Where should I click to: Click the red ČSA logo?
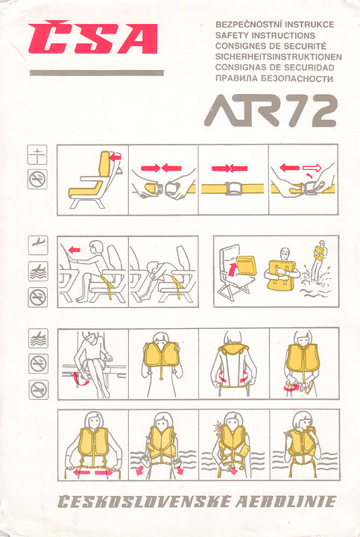[x=92, y=38]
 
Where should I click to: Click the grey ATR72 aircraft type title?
[x=271, y=110]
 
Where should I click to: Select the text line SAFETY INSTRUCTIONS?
[x=265, y=35]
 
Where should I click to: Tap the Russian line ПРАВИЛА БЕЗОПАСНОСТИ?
[x=274, y=78]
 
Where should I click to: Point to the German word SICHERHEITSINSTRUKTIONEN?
[x=279, y=57]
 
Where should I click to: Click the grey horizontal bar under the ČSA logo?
[x=96, y=72]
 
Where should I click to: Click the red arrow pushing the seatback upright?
[x=116, y=157]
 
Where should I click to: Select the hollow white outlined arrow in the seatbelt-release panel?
[x=312, y=168]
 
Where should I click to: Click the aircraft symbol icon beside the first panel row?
[x=37, y=154]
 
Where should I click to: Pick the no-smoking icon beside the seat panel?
[x=37, y=179]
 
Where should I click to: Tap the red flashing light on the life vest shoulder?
[x=217, y=427]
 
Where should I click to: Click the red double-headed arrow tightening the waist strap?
[x=92, y=472]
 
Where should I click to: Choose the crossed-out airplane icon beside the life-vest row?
[x=38, y=390]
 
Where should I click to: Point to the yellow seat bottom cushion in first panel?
[x=86, y=190]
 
